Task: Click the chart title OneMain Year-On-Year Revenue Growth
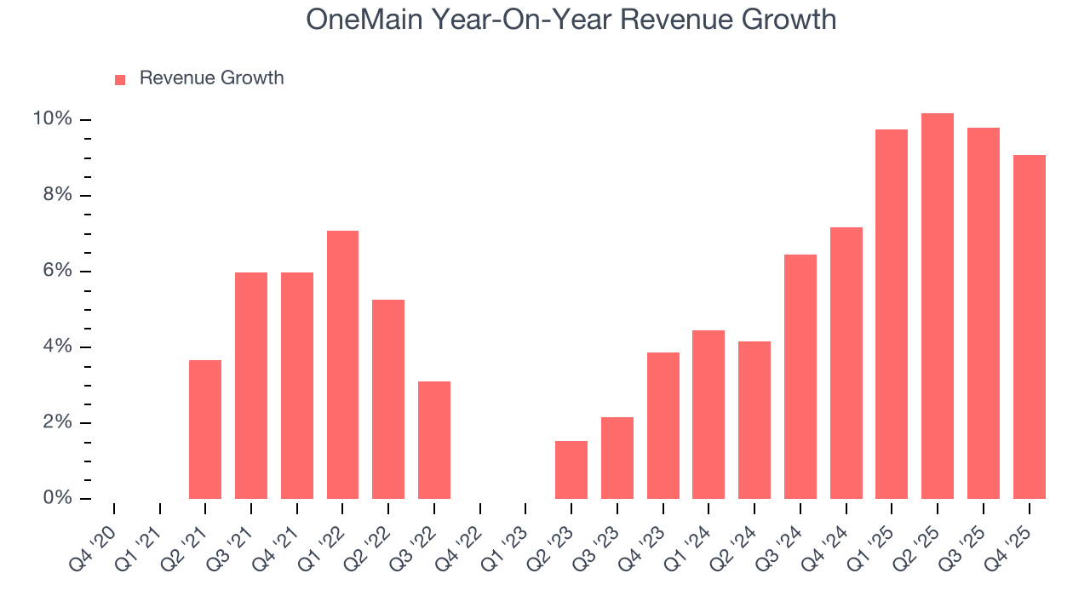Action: point(571,20)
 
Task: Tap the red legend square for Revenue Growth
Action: point(120,79)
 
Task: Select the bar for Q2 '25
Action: point(937,306)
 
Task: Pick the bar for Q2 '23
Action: point(571,470)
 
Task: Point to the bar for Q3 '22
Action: point(434,440)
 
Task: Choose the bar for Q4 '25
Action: point(1029,327)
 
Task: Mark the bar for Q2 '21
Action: point(205,429)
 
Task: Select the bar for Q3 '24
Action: point(800,376)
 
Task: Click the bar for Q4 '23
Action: point(663,426)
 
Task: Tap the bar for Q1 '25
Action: point(892,314)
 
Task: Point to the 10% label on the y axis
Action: point(52,119)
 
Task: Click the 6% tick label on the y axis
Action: point(56,271)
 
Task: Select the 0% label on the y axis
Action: point(56,498)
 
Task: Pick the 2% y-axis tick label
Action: point(56,422)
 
